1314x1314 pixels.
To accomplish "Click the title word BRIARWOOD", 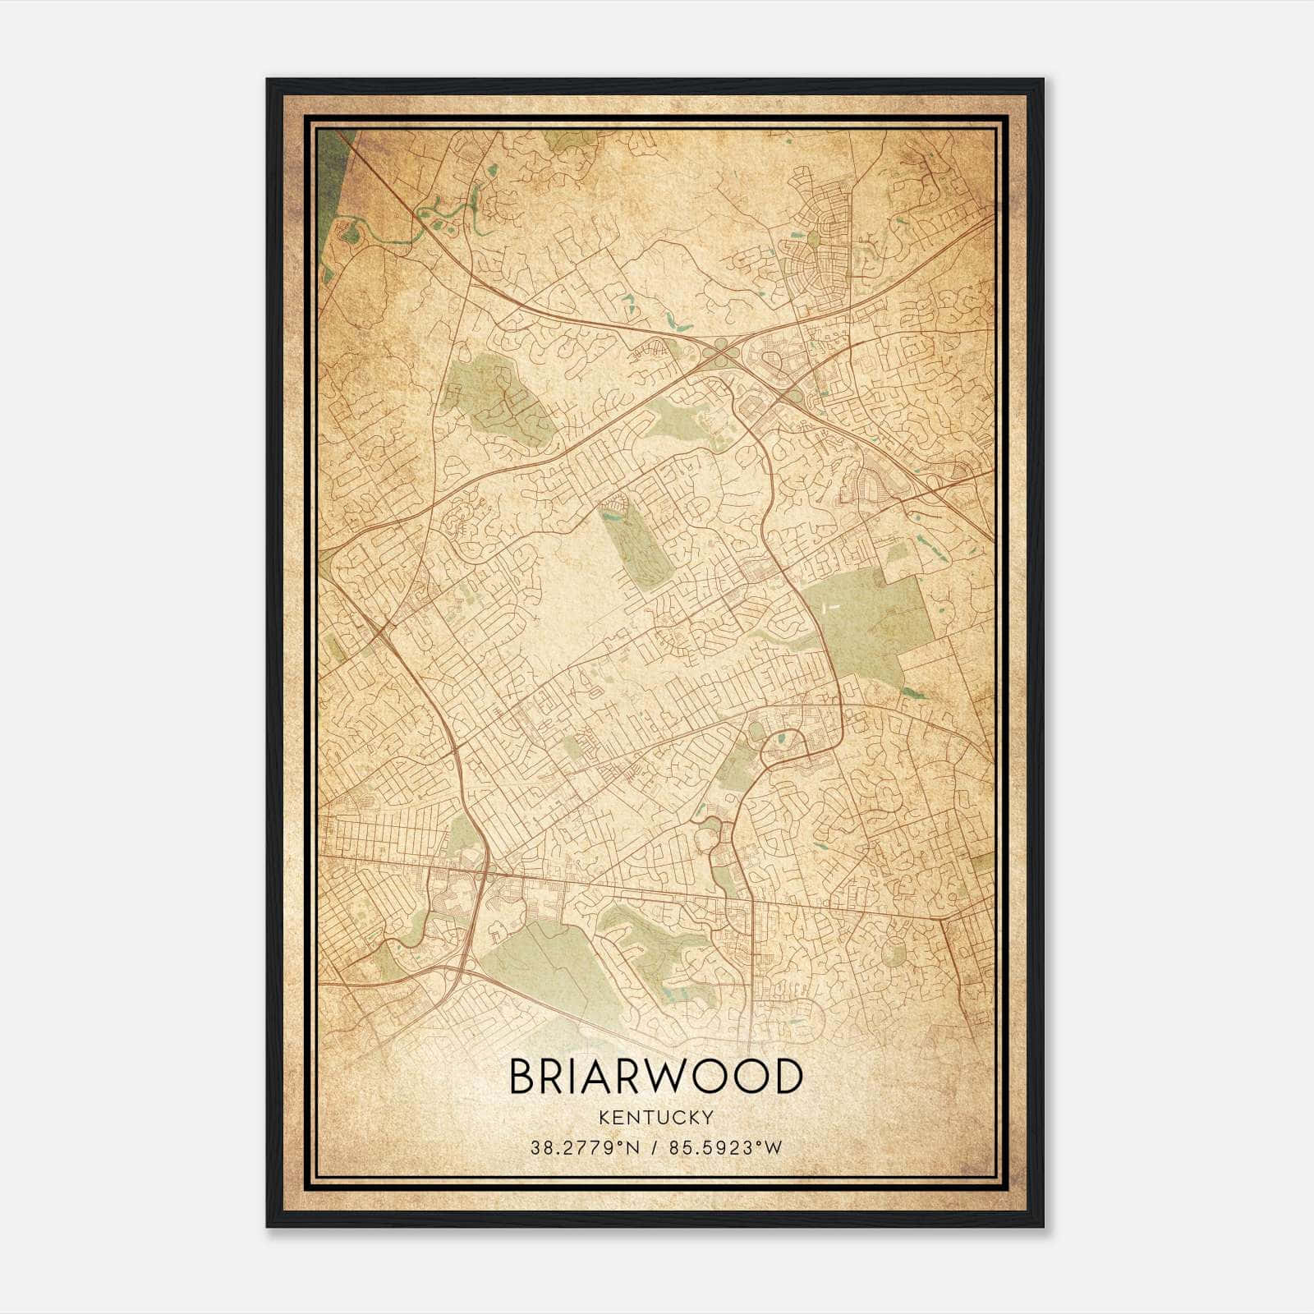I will pyautogui.click(x=655, y=1077).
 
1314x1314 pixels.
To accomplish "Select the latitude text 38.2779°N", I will pyautogui.click(x=583, y=1148).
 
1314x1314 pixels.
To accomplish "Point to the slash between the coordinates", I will pyautogui.click(x=655, y=1148).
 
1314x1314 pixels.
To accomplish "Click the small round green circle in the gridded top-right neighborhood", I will pyautogui.click(x=813, y=240).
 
